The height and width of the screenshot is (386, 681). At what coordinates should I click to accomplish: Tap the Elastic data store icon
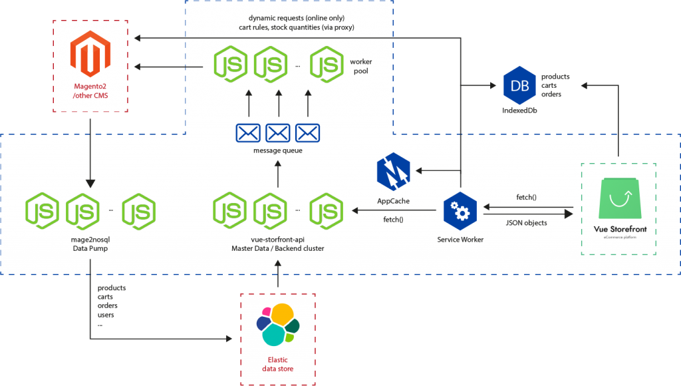pyautogui.click(x=278, y=325)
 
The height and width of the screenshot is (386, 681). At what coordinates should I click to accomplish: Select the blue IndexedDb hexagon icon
pyautogui.click(x=519, y=86)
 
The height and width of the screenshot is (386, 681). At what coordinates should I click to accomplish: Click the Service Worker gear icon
pyautogui.click(x=460, y=211)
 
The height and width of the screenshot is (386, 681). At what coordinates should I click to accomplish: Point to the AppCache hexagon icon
pyautogui.click(x=394, y=172)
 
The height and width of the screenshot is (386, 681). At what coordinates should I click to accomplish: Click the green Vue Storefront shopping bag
pyautogui.click(x=620, y=198)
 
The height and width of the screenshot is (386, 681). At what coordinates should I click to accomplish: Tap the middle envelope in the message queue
pyautogui.click(x=278, y=133)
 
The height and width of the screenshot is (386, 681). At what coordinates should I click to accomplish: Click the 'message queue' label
pyautogui.click(x=278, y=150)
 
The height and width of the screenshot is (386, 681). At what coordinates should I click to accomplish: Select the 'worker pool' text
pyautogui.click(x=361, y=66)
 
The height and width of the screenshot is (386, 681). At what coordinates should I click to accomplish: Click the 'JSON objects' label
pyautogui.click(x=527, y=223)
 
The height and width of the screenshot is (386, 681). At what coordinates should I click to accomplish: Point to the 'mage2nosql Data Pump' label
pyautogui.click(x=90, y=244)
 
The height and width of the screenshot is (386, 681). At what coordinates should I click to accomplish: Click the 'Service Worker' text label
pyautogui.click(x=460, y=240)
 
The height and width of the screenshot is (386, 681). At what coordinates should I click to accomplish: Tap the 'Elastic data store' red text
pyautogui.click(x=278, y=364)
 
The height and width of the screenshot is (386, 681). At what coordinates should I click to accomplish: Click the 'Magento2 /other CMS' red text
pyautogui.click(x=90, y=91)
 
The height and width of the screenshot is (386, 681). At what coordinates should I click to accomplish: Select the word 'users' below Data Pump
pyautogui.click(x=106, y=315)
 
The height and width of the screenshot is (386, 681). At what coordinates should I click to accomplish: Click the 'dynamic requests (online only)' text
pyautogui.click(x=297, y=18)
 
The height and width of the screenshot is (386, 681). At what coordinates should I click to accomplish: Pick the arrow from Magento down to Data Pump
pyautogui.click(x=90, y=153)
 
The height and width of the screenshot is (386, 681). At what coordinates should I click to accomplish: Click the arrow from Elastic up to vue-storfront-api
pyautogui.click(x=278, y=274)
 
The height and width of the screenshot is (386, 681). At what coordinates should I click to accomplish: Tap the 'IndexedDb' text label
pyautogui.click(x=519, y=110)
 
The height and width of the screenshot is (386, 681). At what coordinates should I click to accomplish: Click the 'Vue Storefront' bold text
pyautogui.click(x=620, y=229)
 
